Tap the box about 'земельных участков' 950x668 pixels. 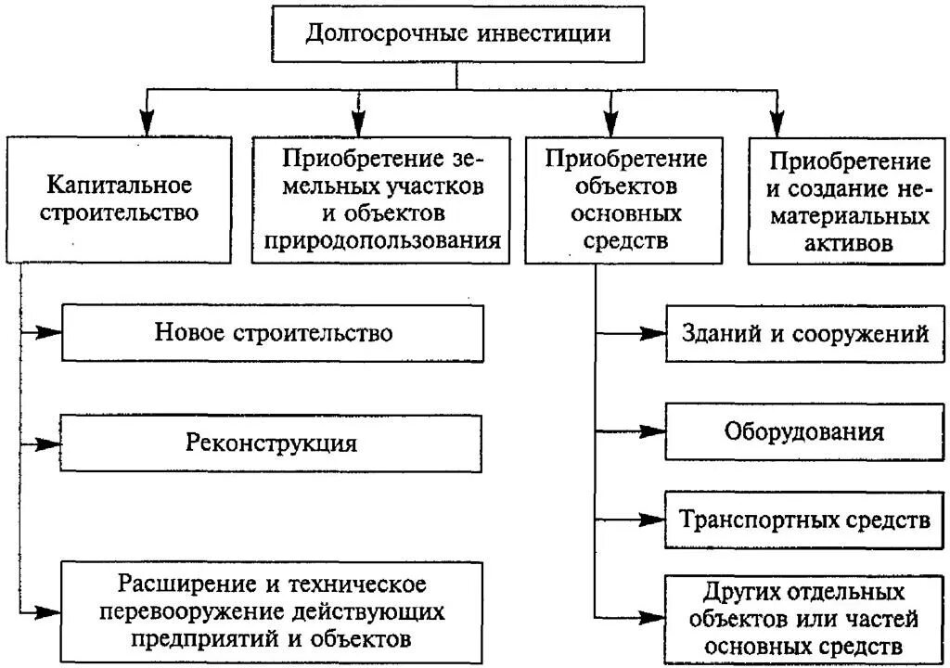[x=381, y=199]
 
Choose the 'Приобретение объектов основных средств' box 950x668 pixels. [x=625, y=199]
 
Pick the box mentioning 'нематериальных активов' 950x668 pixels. [x=848, y=202]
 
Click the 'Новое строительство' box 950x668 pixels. [x=273, y=333]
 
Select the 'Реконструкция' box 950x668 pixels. [x=273, y=442]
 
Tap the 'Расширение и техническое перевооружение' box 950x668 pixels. [x=273, y=611]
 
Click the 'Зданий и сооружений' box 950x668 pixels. [x=804, y=333]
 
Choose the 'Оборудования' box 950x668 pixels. [x=804, y=431]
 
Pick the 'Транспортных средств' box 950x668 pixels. [x=804, y=519]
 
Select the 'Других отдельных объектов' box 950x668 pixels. [x=804, y=617]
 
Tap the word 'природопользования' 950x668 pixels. [x=382, y=240]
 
